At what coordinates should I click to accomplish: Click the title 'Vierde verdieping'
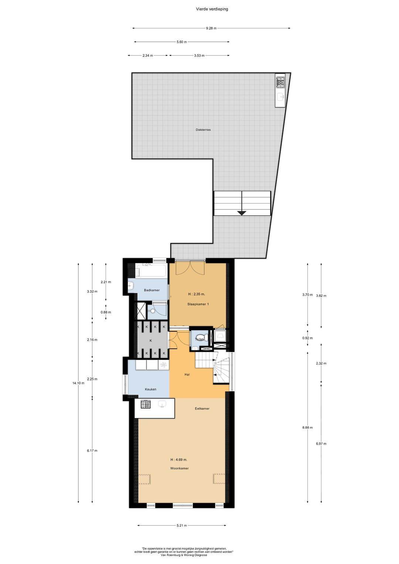click(212, 9)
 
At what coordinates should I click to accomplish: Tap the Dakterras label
click(203, 130)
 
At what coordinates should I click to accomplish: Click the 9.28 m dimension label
click(211, 28)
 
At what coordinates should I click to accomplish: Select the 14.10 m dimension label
click(78, 383)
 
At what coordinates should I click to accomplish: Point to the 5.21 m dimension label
click(181, 525)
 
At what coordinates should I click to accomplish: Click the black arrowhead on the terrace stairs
click(242, 213)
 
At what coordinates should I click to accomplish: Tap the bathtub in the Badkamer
click(151, 270)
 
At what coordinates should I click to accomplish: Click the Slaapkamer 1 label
click(198, 304)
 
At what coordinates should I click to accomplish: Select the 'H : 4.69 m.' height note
click(179, 460)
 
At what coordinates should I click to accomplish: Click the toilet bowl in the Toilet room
click(205, 337)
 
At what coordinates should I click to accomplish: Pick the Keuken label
click(150, 389)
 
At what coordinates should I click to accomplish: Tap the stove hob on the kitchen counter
click(146, 404)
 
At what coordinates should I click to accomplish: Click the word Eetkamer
click(202, 409)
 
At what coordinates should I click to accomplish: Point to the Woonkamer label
click(180, 468)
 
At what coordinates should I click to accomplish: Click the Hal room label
click(187, 375)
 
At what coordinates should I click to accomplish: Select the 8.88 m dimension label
click(307, 427)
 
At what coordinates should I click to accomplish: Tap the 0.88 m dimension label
click(106, 312)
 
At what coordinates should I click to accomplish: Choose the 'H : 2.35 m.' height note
click(197, 294)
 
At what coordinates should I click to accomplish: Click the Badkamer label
click(152, 290)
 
